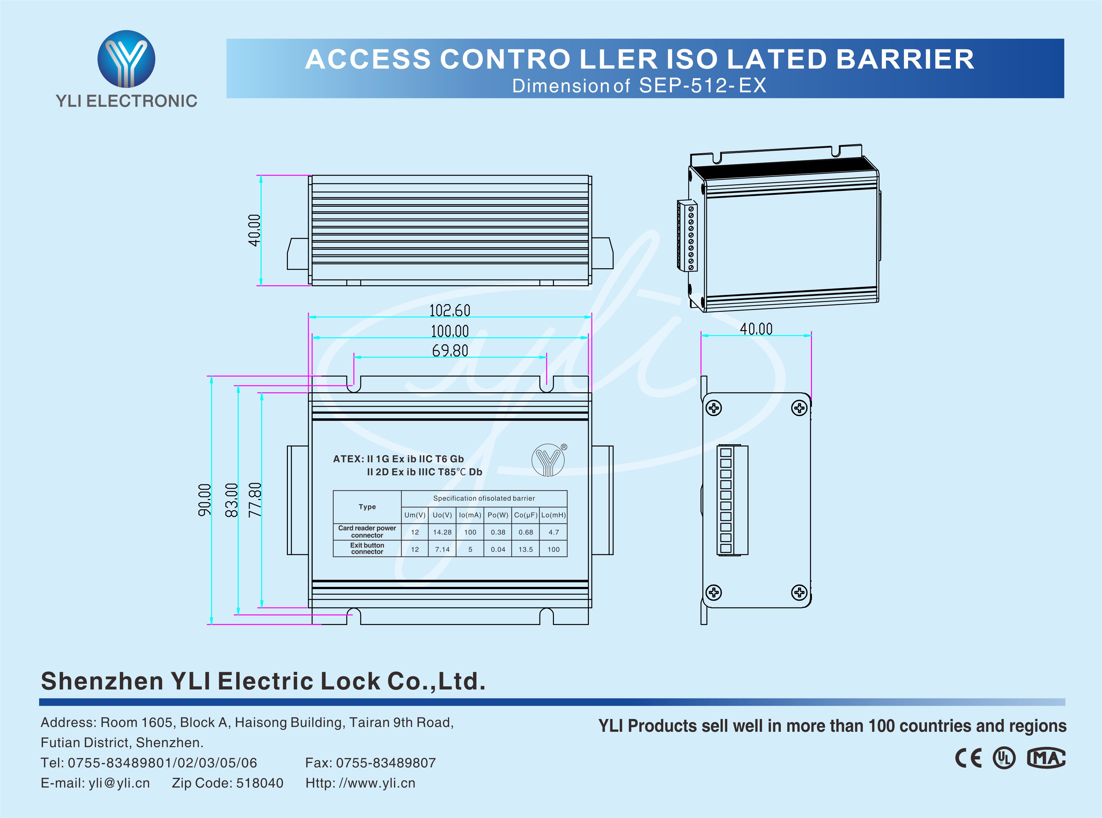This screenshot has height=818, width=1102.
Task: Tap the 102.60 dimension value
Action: tap(449, 311)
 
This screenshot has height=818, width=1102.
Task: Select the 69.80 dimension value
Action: tap(449, 351)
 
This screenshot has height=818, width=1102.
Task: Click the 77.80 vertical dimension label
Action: tap(255, 500)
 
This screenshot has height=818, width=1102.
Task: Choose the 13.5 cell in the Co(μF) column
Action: tap(526, 549)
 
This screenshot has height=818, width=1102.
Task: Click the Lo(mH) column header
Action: tap(554, 515)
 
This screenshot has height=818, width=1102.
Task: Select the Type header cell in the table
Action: tap(367, 506)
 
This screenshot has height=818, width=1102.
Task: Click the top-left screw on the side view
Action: tap(714, 408)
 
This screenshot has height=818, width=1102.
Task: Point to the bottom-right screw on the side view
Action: tap(799, 592)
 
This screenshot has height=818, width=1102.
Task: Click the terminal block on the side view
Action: tap(732, 500)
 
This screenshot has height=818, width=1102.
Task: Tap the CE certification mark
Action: tap(968, 758)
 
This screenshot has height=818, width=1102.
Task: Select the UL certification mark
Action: tap(1004, 758)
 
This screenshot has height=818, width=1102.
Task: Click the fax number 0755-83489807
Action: tap(386, 763)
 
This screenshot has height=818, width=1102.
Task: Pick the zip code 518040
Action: tap(259, 783)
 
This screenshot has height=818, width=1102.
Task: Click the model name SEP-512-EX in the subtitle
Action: tap(703, 86)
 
